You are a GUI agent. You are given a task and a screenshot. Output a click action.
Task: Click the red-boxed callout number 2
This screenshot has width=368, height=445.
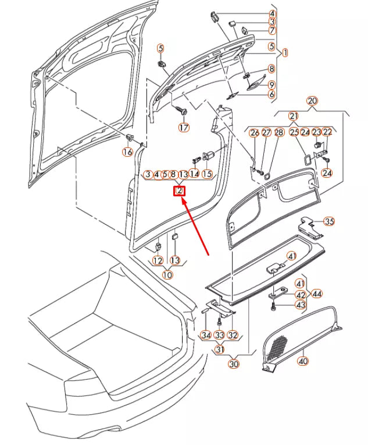coord(180,191)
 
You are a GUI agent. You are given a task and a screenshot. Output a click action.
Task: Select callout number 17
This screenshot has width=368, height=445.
coord(184,128)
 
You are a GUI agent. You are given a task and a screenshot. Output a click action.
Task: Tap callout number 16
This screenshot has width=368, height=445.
coord(127,152)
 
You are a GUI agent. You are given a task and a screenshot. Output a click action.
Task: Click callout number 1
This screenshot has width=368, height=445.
coord(285,53)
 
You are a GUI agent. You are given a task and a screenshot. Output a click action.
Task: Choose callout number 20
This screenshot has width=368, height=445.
coord(312,101)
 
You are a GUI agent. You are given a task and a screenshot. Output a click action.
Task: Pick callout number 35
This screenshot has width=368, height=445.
coord(329,221)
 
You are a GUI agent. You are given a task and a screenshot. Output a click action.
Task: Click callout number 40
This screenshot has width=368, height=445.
coord(303,361)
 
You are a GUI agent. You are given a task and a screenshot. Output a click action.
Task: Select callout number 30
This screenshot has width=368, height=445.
coord(234,364)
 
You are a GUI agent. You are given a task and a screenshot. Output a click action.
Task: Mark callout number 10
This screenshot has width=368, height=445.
coord(167,275)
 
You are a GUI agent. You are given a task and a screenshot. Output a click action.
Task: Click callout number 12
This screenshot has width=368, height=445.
coord(158,260)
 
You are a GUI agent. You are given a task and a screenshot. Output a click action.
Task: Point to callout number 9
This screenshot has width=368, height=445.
coord(271,84)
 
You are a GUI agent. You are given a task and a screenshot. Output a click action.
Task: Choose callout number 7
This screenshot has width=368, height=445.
coord(271,30)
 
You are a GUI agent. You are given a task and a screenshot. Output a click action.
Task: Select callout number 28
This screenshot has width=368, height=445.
coord(278,133)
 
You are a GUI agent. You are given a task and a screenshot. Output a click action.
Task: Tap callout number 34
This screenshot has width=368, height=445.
coord(206,335)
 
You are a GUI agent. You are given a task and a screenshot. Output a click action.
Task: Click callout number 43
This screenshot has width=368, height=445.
coord(300,305)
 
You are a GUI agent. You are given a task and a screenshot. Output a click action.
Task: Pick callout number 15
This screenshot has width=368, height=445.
coord(207,174)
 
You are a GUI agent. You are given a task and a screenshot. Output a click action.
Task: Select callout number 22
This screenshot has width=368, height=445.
coord(327,133)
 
